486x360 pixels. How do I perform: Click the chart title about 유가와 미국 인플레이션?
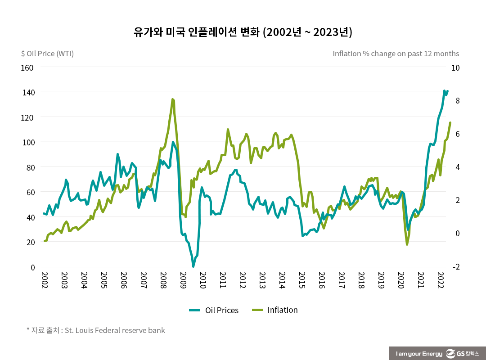pyautogui.click(x=243, y=32)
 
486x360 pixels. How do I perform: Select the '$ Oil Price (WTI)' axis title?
pyautogui.click(x=47, y=54)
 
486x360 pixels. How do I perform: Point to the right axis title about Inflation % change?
pyautogui.click(x=396, y=54)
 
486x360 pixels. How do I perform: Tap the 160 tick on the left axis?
pyautogui.click(x=28, y=67)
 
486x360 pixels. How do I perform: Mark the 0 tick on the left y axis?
pyautogui.click(x=32, y=267)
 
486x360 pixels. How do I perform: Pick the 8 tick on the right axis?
pyautogui.click(x=457, y=101)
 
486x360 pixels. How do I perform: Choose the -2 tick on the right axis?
pyautogui.click(x=456, y=267)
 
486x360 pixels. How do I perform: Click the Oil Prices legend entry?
pyautogui.click(x=214, y=310)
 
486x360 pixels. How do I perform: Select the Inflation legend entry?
pyautogui.click(x=274, y=310)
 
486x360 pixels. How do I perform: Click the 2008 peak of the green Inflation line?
pyautogui.click(x=172, y=99)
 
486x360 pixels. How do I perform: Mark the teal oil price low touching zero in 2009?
pyautogui.click(x=193, y=266)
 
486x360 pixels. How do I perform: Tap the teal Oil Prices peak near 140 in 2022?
pyautogui.click(x=445, y=91)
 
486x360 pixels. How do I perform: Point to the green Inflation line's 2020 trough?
pyautogui.click(x=407, y=244)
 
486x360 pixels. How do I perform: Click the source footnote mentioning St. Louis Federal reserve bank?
pyautogui.click(x=96, y=330)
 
